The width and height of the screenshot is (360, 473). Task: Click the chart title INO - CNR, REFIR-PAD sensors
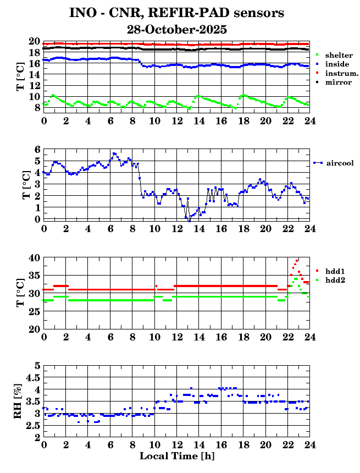click(176, 13)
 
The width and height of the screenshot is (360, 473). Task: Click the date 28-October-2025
click(176, 29)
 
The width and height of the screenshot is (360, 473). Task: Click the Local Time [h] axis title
click(176, 456)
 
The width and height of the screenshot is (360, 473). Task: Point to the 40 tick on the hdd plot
click(34, 257)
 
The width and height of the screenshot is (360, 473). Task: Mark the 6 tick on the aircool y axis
click(37, 149)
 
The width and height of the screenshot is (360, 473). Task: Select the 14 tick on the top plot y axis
click(34, 85)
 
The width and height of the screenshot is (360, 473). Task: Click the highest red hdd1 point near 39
click(297, 261)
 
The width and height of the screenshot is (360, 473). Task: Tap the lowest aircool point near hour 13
click(189, 220)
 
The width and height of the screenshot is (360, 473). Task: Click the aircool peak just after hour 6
click(114, 153)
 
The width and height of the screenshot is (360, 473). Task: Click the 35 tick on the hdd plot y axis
click(34, 275)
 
